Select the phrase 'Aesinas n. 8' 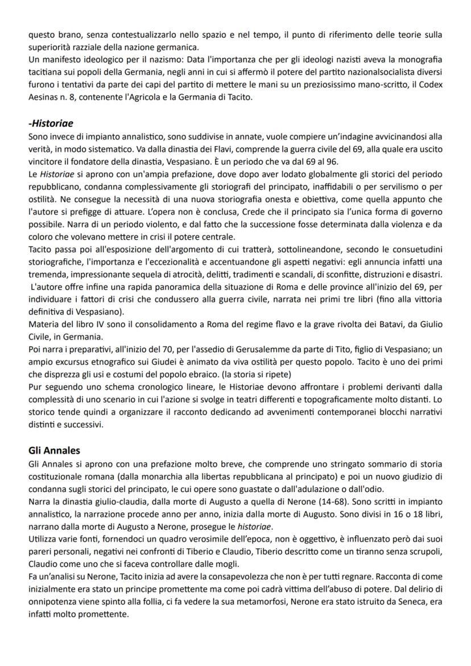(49, 98)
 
